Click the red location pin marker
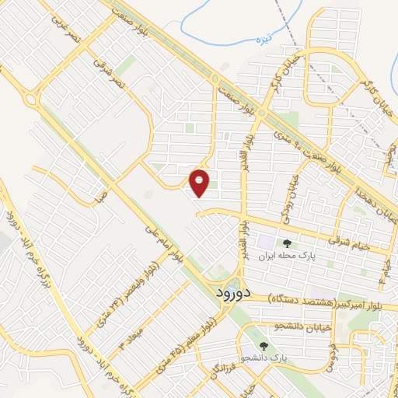[200, 183]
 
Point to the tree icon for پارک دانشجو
[264, 347]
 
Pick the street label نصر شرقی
[106, 71]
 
